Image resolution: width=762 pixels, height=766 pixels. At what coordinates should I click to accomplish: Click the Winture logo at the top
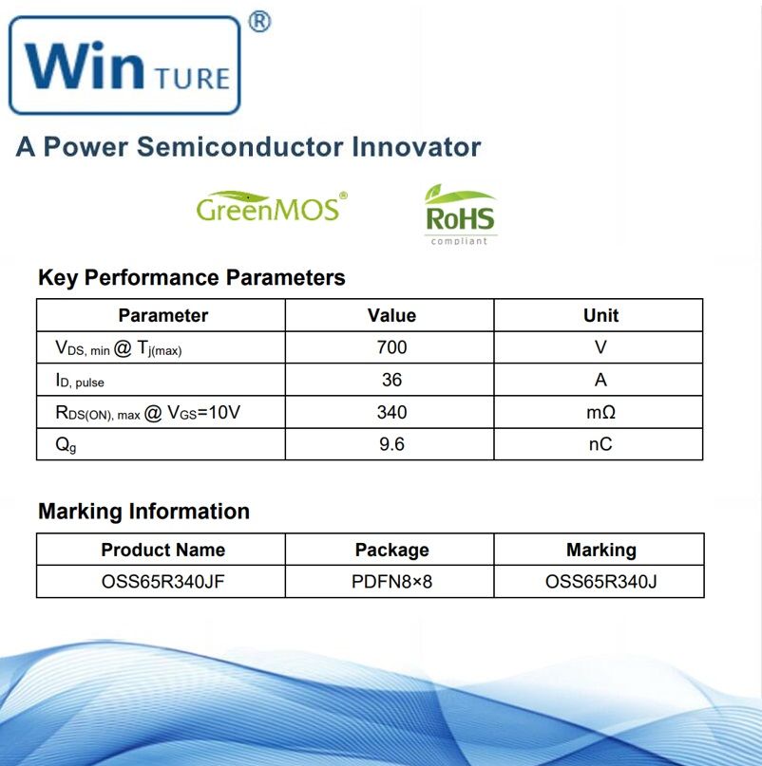coord(124,65)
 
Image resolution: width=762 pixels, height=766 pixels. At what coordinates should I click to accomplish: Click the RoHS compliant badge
coord(459,215)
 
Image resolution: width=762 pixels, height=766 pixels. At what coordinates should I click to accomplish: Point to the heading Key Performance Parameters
coord(191,278)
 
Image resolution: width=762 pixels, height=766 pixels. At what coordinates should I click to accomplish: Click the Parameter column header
coord(162,315)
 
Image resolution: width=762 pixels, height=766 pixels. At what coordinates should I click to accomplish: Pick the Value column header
coord(391,315)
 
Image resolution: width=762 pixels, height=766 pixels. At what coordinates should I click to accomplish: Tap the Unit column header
coord(600,315)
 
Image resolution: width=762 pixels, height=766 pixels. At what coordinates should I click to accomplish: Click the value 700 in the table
coord(391,347)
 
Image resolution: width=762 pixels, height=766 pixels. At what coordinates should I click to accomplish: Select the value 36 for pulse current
coord(391,380)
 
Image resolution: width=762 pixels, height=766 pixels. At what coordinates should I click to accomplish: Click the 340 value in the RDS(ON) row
coord(391,412)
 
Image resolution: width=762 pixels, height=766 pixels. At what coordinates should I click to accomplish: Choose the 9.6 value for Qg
coord(391,444)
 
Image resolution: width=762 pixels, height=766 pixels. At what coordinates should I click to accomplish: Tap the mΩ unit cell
coord(600,412)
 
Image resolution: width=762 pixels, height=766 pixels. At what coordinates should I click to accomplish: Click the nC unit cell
coord(600,444)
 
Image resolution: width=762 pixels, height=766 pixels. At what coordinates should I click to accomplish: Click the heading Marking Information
coord(143,512)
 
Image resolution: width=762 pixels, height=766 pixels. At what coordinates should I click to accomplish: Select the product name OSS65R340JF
coord(162,581)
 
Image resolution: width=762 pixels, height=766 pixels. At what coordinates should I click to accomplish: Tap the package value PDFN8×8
coord(391,581)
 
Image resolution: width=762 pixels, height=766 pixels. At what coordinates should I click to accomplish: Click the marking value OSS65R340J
coord(600,581)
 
